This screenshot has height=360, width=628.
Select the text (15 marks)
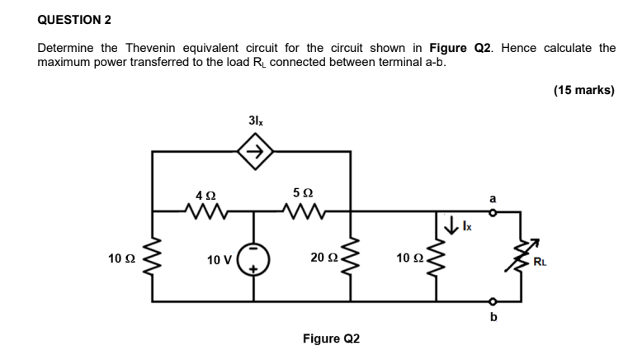(x=584, y=90)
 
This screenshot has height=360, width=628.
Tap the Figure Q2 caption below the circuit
(x=331, y=339)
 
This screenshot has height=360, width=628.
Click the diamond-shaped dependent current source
(x=255, y=151)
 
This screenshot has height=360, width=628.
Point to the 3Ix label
(x=255, y=121)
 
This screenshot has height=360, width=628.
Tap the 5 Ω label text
(x=301, y=192)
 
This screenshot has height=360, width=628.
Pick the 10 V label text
(x=220, y=260)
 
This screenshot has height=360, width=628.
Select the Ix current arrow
(x=451, y=224)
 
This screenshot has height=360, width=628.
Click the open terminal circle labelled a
(x=493, y=212)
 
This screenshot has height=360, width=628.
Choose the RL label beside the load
(x=540, y=263)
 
